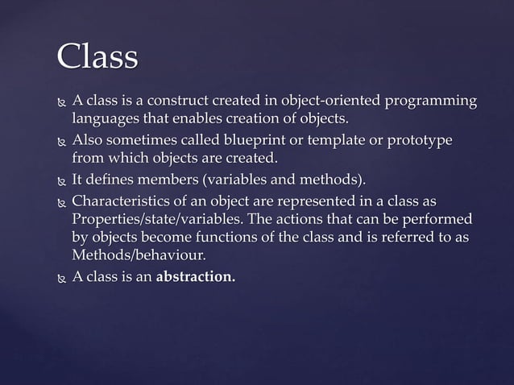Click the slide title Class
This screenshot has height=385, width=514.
(x=97, y=56)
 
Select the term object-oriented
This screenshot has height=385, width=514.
(x=331, y=101)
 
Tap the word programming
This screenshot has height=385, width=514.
(x=431, y=101)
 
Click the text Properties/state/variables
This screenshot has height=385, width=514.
(x=158, y=219)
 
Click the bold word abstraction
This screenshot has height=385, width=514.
(x=196, y=277)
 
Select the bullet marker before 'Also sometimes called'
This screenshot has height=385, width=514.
(x=60, y=141)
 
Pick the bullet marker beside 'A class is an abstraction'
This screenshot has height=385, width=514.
(x=60, y=278)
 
